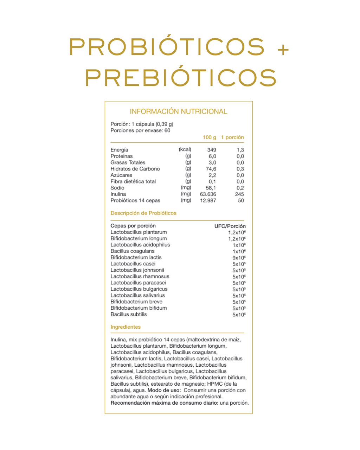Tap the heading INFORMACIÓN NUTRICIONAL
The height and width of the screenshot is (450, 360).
click(179, 111)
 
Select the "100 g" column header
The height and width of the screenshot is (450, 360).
click(210, 137)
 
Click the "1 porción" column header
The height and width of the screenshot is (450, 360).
click(232, 137)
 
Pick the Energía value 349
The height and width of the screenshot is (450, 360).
click(212, 150)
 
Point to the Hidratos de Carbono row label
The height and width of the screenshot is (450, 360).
click(135, 169)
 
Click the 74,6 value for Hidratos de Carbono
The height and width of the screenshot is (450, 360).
click(211, 169)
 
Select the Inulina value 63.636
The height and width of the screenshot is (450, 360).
click(208, 194)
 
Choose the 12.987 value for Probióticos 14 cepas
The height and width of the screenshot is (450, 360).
click(208, 200)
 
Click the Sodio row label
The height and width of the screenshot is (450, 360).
click(117, 188)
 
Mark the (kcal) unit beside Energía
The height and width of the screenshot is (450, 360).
click(185, 149)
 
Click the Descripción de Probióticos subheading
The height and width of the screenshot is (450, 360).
click(143, 213)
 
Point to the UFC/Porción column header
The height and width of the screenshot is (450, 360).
click(230, 226)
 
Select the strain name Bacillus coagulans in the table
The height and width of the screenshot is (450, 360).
click(133, 251)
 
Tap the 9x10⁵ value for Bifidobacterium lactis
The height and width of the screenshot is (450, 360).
click(239, 258)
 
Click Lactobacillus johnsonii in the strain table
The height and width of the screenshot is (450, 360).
click(137, 270)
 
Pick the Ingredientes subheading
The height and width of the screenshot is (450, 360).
click(126, 327)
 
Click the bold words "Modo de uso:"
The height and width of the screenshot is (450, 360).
click(164, 390)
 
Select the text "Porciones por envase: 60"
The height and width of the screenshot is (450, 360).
click(140, 130)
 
